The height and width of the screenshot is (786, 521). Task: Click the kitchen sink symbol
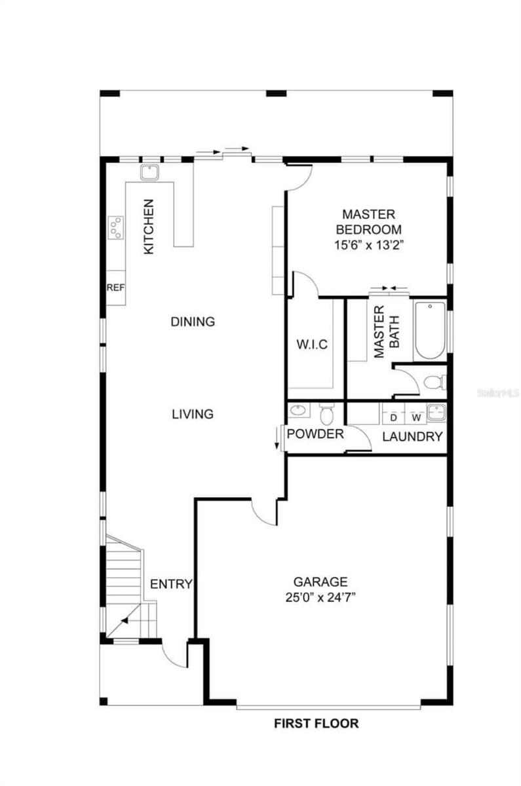point(149,172)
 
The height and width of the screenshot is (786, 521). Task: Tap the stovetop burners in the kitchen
point(115,227)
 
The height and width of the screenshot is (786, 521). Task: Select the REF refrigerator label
point(115,288)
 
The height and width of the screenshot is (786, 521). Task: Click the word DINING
point(193,322)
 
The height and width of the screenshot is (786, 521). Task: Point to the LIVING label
point(193,414)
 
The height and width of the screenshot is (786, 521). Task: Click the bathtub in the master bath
point(430,330)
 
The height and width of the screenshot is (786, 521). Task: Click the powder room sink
point(299,410)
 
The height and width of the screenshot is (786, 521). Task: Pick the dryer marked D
point(394,414)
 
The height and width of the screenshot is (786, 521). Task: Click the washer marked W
point(416,414)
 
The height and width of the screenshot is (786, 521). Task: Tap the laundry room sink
point(436,411)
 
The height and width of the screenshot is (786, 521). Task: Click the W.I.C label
point(312,345)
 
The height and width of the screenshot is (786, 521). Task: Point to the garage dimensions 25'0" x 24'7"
point(320,597)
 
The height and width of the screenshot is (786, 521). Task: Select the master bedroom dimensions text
point(368,244)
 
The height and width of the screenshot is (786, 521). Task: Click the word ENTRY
point(171,584)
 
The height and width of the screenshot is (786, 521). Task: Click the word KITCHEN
point(149,227)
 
